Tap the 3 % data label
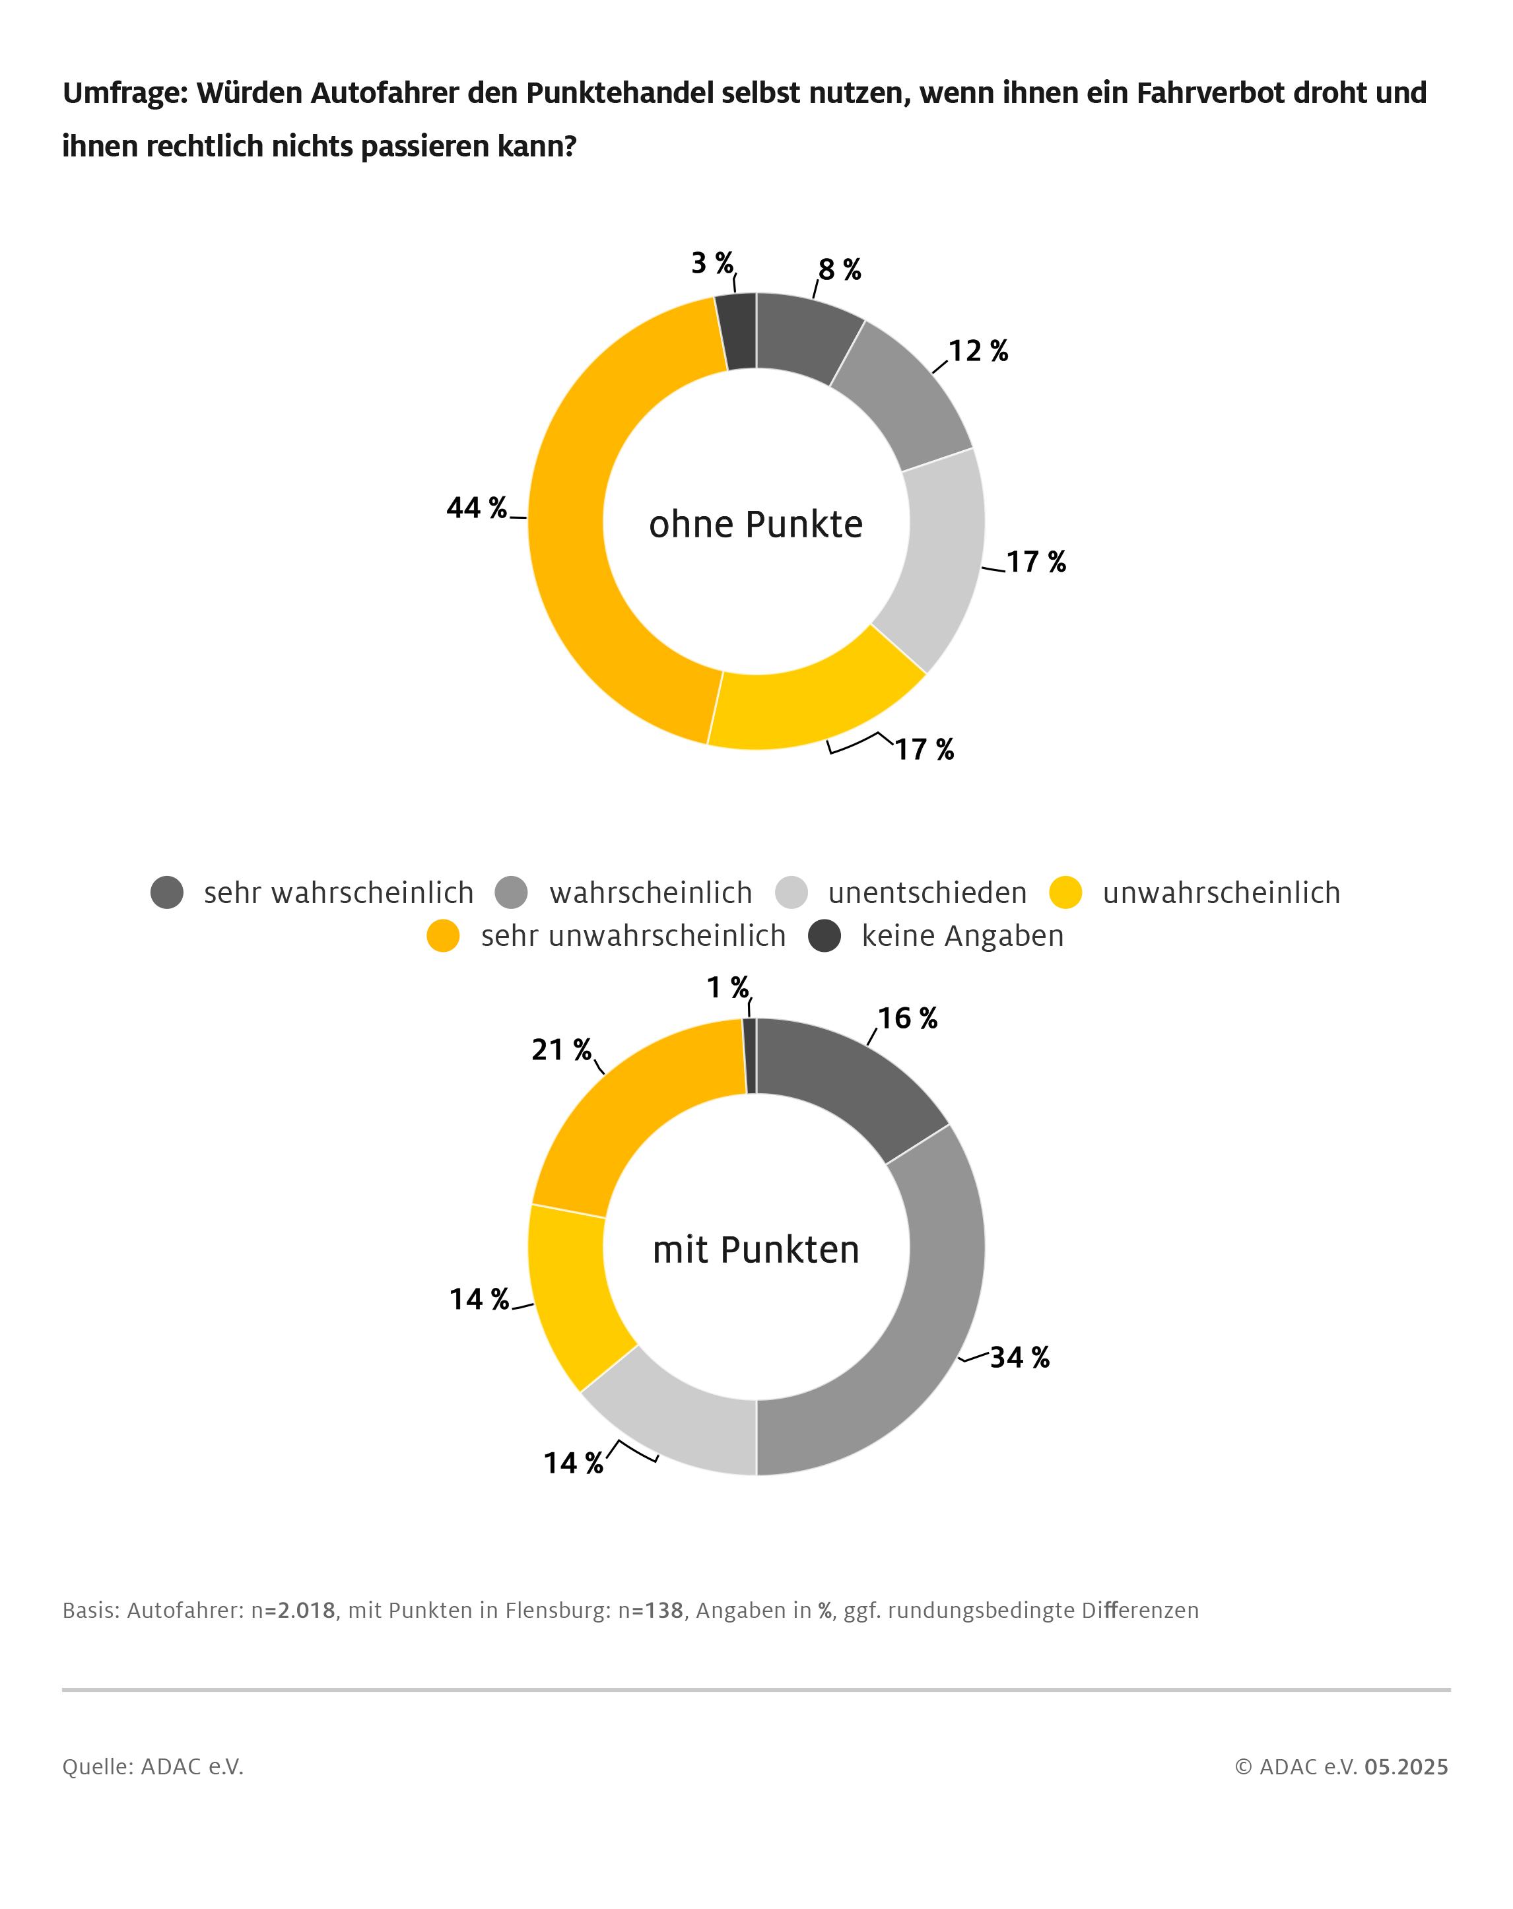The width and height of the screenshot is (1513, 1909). coord(712,263)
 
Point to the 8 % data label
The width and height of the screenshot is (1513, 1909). coord(839,269)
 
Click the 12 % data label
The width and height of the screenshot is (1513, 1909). coord(978,351)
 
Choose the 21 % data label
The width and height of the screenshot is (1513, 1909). coord(561,1050)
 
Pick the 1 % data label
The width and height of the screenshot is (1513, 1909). coord(727,986)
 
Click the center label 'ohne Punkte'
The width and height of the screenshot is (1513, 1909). coord(755,524)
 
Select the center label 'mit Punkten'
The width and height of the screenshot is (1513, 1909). coord(755,1250)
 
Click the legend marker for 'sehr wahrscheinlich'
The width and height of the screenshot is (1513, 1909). coord(166,892)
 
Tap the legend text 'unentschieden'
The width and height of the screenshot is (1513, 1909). coord(927,892)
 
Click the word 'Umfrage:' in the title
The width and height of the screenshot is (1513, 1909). coord(125,93)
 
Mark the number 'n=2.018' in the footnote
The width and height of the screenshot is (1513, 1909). coord(293,1610)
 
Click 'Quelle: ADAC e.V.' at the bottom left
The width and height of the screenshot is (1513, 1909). coord(152,1766)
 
